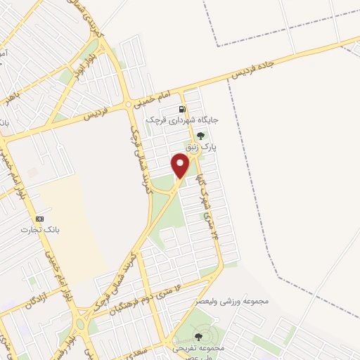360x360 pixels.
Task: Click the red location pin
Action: click(181, 166)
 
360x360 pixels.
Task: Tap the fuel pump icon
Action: click(183, 109)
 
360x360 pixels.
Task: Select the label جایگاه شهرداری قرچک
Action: click(183, 120)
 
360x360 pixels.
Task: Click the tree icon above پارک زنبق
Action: click(201, 136)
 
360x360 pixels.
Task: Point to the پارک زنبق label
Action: click(205, 148)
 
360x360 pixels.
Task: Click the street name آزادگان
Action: click(20, 304)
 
